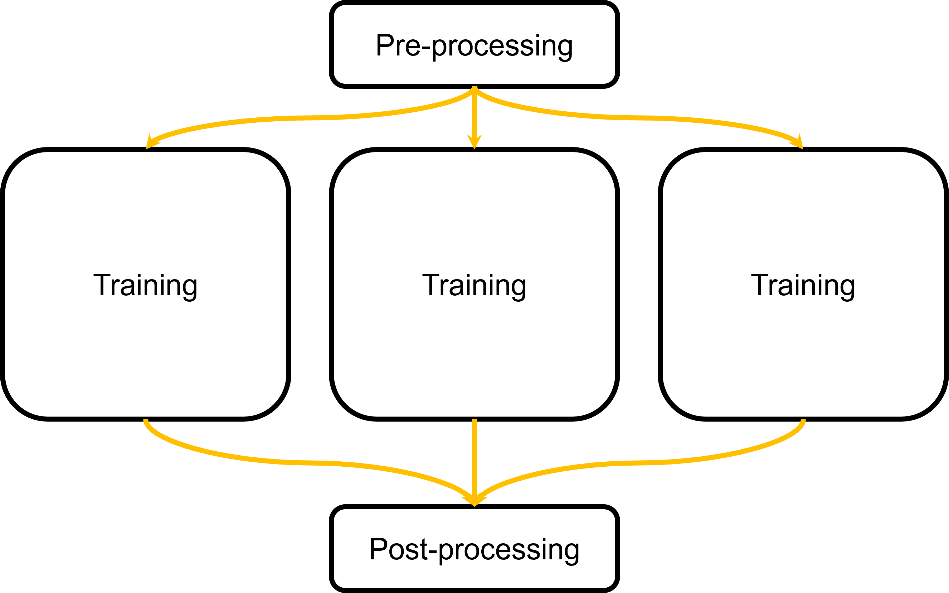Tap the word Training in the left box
(x=146, y=285)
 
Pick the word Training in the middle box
(x=474, y=285)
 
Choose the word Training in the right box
(x=803, y=285)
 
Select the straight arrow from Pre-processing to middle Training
(x=474, y=114)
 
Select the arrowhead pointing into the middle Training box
(x=474, y=142)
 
